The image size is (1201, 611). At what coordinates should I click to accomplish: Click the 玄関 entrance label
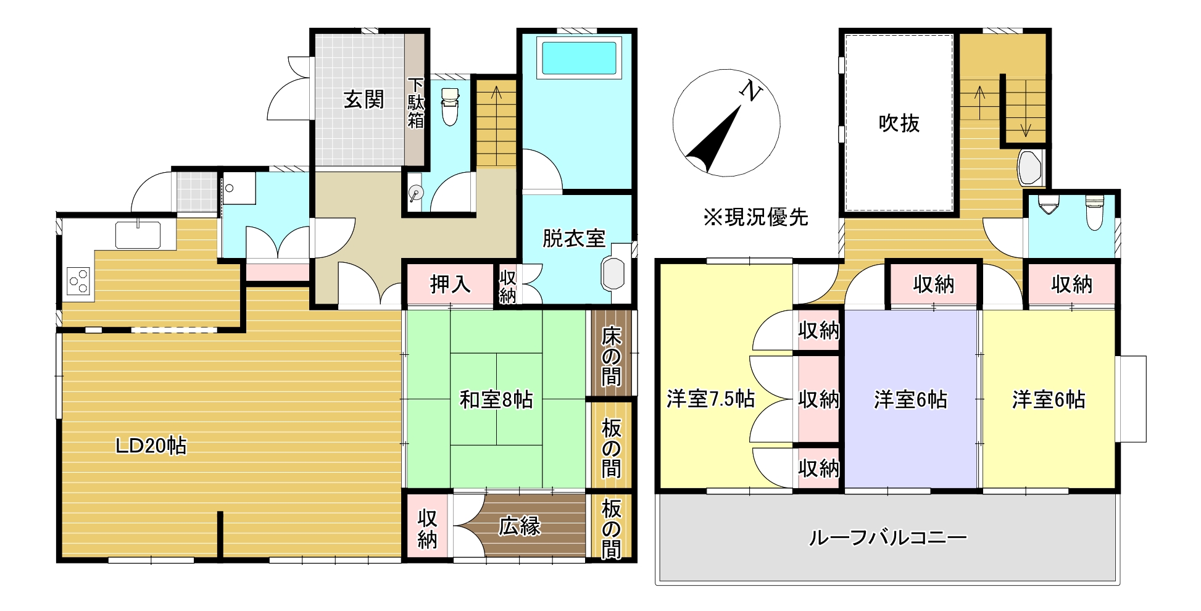click(x=364, y=99)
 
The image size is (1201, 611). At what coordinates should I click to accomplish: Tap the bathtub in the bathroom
click(x=578, y=58)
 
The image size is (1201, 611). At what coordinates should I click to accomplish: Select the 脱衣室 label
click(x=573, y=238)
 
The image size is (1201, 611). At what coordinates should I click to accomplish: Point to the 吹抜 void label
click(x=899, y=123)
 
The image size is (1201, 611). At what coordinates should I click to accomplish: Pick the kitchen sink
click(x=138, y=235)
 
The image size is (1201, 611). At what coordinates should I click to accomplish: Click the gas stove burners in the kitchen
click(x=79, y=281)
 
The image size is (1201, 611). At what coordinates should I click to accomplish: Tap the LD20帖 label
click(x=151, y=445)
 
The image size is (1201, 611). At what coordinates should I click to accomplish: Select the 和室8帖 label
click(x=496, y=400)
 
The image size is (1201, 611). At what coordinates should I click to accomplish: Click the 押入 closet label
click(x=450, y=285)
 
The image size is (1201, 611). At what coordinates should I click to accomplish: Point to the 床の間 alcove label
click(x=611, y=357)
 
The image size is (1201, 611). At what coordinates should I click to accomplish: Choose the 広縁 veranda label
click(x=520, y=526)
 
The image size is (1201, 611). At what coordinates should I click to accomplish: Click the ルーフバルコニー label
click(x=887, y=538)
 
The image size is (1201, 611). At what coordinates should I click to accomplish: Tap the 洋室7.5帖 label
click(x=710, y=399)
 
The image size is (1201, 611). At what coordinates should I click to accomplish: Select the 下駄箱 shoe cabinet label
click(x=416, y=102)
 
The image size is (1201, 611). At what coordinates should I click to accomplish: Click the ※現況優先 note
click(x=755, y=217)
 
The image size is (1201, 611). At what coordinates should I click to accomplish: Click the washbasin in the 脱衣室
click(x=613, y=273)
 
